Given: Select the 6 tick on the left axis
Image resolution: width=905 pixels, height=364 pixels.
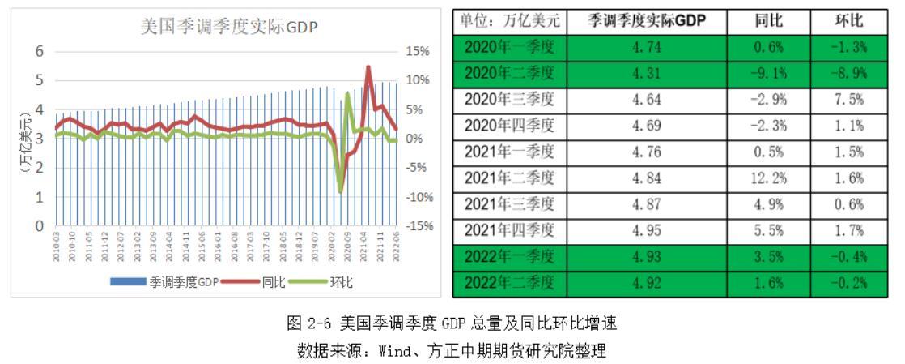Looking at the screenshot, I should coord(38,51).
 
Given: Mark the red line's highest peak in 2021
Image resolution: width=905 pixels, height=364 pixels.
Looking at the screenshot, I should coord(368,67).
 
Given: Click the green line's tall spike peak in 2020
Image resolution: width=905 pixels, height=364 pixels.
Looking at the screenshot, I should coord(348,93).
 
